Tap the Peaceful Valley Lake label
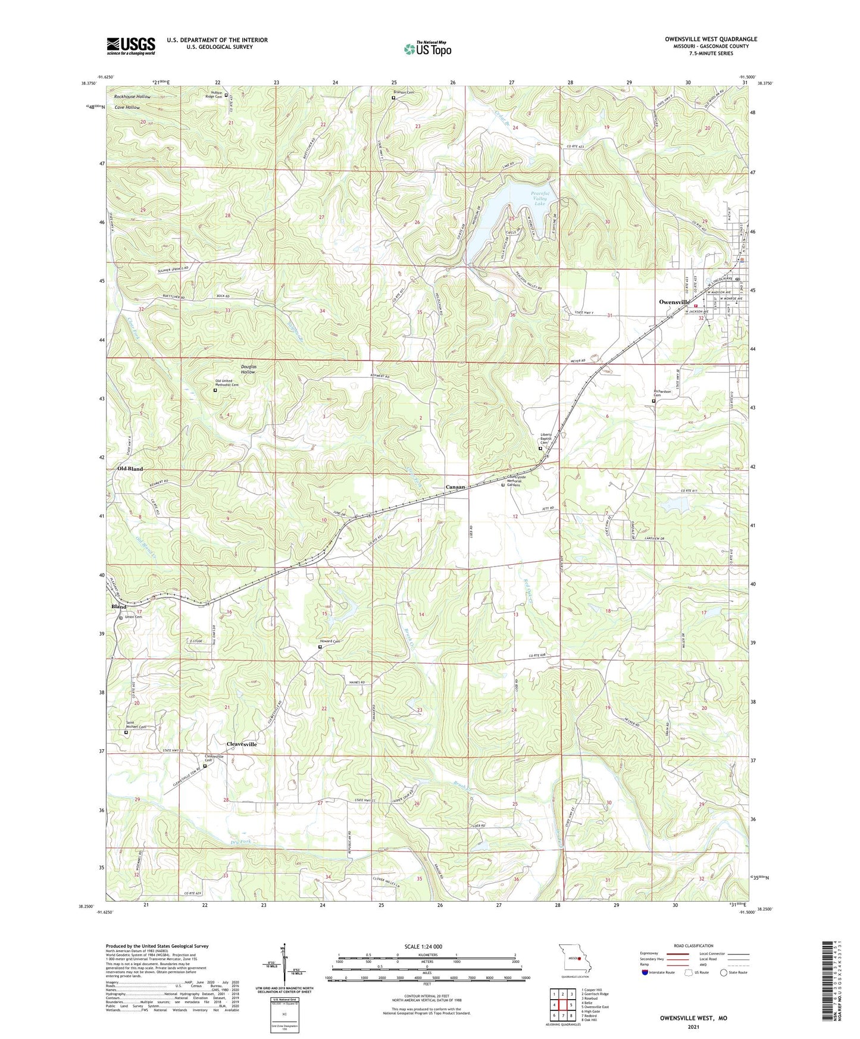coord(539,199)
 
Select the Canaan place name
coord(455,487)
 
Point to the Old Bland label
coord(130,469)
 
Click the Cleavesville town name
coord(242,744)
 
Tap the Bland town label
coord(119,606)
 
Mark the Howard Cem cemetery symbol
coord(320,646)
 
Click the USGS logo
coord(131,46)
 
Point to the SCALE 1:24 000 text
coord(427,947)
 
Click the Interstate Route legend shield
coord(646,973)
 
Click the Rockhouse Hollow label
coord(132,96)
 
